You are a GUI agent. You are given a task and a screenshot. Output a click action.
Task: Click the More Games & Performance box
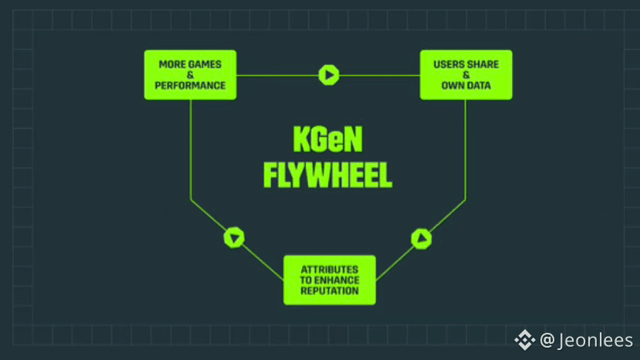click(190, 75)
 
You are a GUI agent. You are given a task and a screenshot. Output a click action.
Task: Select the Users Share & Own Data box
click(466, 75)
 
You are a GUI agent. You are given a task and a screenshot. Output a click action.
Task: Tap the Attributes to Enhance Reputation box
click(330, 280)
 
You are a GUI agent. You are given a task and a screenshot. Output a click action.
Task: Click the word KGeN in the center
click(327, 141)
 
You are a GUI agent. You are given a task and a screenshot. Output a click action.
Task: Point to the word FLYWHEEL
click(327, 175)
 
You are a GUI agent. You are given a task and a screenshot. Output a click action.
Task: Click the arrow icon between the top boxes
click(329, 75)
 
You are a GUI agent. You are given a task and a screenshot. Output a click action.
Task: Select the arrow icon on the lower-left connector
click(234, 237)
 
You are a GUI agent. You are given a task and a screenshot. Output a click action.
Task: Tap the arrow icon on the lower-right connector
click(421, 239)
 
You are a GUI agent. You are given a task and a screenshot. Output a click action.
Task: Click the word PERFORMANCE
click(190, 86)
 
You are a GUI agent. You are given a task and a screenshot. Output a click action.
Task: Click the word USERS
click(449, 64)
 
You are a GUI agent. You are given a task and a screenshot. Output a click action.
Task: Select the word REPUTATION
click(330, 290)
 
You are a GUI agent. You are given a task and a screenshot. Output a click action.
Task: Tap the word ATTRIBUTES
click(330, 269)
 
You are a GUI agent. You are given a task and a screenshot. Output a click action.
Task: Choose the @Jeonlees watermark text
click(586, 340)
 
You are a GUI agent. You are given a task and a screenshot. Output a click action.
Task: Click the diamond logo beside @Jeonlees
click(525, 340)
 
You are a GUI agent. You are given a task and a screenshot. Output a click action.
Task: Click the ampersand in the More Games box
click(190, 75)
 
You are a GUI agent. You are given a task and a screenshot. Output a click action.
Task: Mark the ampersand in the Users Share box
click(466, 75)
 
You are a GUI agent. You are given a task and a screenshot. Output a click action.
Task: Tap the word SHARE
click(483, 64)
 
